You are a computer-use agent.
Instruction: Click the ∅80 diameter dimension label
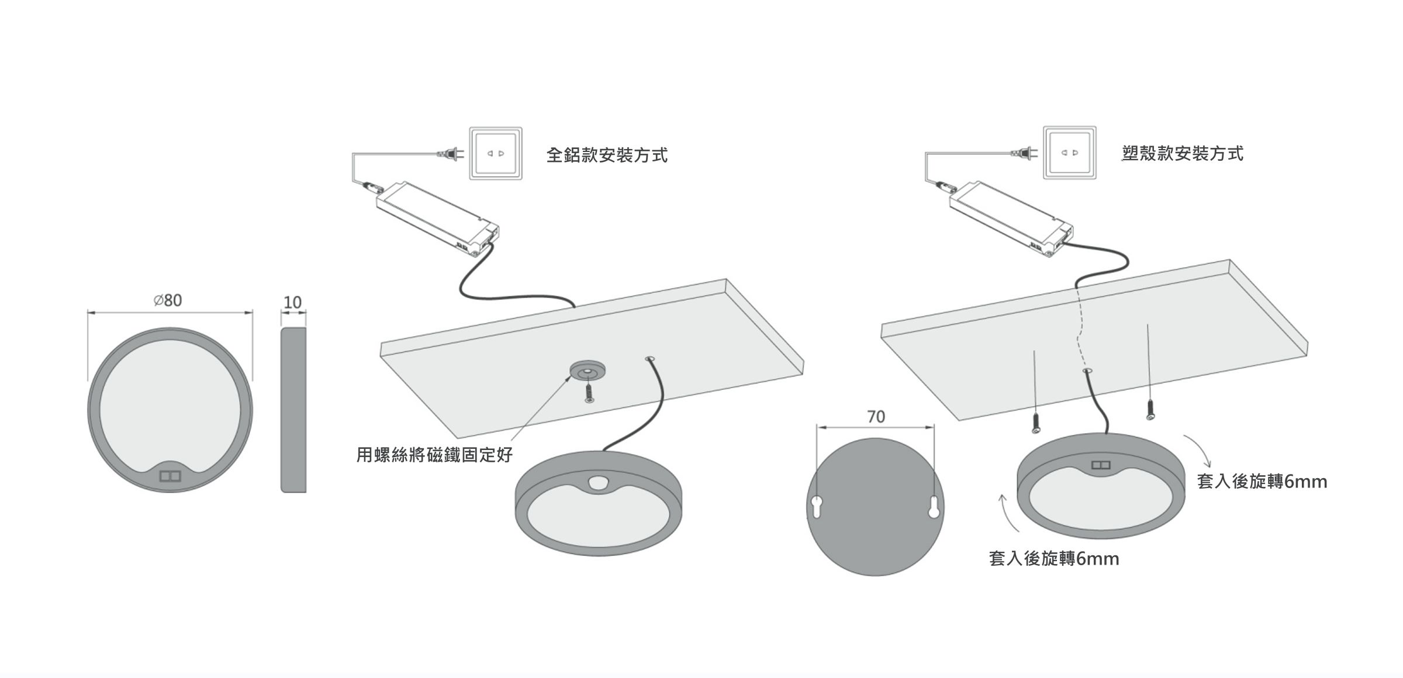[168, 300]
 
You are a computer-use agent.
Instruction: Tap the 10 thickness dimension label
[292, 302]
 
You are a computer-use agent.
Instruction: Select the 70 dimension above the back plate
[876, 417]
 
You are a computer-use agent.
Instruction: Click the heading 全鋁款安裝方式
[607, 155]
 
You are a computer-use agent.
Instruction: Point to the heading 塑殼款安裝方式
[1182, 153]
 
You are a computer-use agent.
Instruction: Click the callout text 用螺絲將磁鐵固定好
[434, 455]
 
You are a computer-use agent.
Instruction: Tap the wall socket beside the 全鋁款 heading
[496, 153]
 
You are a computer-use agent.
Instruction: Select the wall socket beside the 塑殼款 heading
[1070, 153]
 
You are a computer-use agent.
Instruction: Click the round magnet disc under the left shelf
[588, 371]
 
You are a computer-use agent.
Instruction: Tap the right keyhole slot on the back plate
[934, 506]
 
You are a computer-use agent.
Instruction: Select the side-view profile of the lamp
[293, 410]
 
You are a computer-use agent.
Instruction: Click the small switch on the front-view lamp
[170, 476]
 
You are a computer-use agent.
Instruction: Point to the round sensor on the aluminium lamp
[598, 483]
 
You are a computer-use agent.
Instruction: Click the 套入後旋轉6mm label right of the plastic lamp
[1262, 482]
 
